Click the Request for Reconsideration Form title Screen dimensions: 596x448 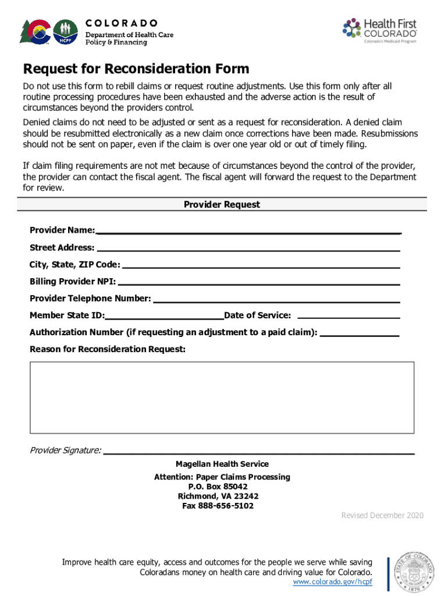coord(136,69)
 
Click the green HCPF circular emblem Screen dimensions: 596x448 coord(65,33)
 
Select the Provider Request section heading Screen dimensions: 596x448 coord(222,205)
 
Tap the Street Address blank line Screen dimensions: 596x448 coord(248,249)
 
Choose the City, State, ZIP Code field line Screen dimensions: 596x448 coord(261,265)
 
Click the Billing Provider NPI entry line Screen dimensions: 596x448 coord(259,283)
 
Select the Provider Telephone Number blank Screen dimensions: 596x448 coord(276,300)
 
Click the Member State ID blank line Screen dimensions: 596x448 coord(165,317)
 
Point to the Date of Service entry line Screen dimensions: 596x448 coord(349,317)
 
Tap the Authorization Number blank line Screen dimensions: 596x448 coord(360,334)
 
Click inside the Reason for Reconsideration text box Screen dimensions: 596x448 coord(222,397)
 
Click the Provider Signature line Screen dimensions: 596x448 coord(259,451)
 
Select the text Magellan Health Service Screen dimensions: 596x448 coord(222,464)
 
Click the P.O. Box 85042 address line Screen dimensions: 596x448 coord(218,487)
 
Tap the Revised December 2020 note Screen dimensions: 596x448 coord(382,516)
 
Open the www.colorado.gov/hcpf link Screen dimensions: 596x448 coord(332,582)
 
